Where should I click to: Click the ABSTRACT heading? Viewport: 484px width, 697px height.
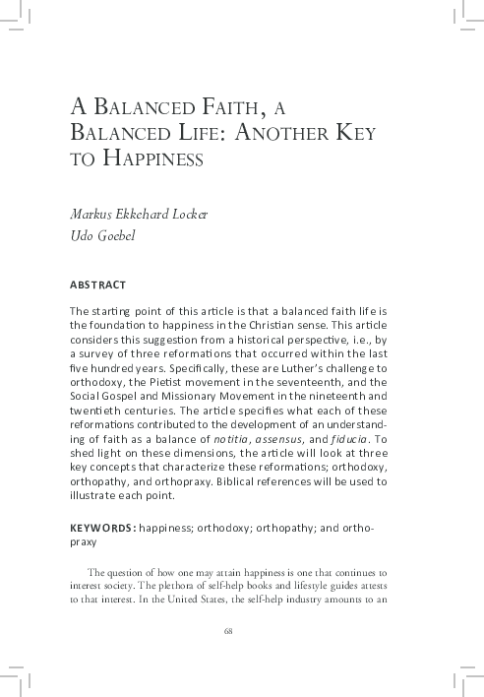[x=97, y=285]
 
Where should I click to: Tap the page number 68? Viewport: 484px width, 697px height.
[x=228, y=630]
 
